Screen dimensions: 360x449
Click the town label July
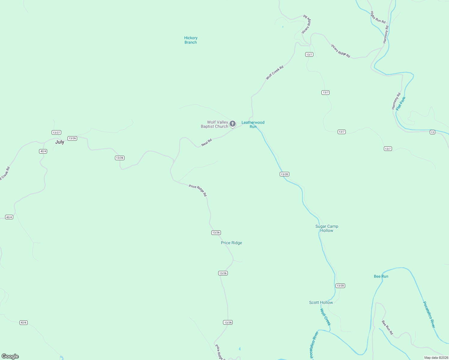tap(60, 142)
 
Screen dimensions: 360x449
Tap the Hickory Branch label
tap(191, 40)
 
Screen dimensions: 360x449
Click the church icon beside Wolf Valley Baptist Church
tap(233, 124)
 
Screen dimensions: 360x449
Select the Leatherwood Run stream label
tap(253, 124)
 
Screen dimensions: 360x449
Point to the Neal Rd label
tap(206, 142)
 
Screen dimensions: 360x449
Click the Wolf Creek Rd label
tap(275, 73)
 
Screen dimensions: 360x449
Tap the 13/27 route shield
tap(56, 133)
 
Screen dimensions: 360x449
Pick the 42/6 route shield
tap(23, 322)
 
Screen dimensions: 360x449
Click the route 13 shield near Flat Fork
tap(432, 132)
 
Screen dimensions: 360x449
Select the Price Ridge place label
tap(231, 243)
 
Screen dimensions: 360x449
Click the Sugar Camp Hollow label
tap(327, 229)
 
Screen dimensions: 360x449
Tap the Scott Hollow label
tap(321, 303)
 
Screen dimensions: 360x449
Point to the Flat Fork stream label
tap(401, 103)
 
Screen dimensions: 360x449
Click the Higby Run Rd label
tap(378, 17)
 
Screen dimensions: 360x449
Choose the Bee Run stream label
tap(381, 277)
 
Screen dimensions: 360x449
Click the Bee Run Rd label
tap(387, 328)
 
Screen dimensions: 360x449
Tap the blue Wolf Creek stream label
tap(325, 317)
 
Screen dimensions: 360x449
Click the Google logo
tap(10, 356)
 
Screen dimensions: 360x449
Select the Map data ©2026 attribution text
tap(436, 358)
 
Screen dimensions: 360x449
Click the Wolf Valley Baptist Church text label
tap(214, 124)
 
